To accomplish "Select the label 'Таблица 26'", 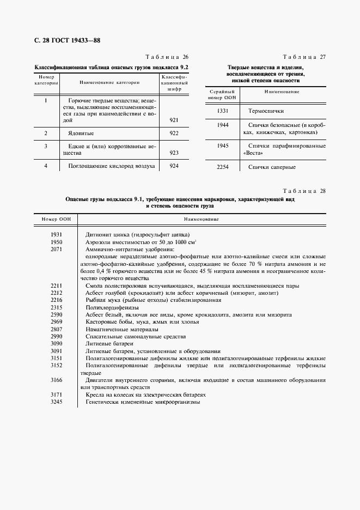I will [167, 58].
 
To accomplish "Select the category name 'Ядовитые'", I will [81, 133].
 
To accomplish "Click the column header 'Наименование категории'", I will [109, 83].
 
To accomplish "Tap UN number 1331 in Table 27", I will [222, 111].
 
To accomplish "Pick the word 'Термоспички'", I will [266, 111].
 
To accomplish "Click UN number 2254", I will [222, 167].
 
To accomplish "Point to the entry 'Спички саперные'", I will [272, 167].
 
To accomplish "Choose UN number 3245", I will [57, 402].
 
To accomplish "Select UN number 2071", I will [57, 248].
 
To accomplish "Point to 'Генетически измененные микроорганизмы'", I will [143, 402].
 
